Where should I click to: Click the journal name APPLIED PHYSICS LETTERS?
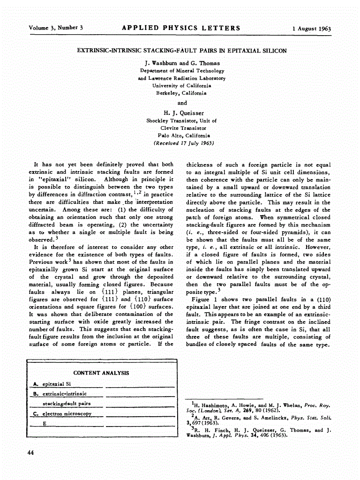point(181,28)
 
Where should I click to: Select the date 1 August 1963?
point(311,29)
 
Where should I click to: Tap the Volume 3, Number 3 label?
point(55,28)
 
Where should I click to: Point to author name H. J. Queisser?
point(183,113)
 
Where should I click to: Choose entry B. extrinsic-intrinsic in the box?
point(60,394)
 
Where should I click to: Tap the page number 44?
point(30,452)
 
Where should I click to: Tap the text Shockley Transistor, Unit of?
point(182,120)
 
